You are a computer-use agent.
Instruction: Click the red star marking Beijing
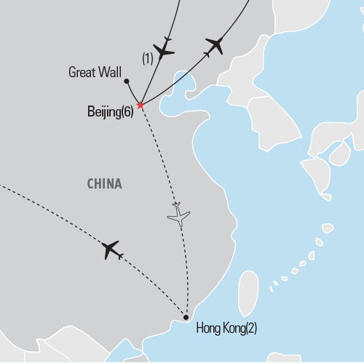(x=140, y=105)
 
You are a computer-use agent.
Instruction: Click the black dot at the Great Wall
(x=126, y=82)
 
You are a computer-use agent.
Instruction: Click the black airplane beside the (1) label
(x=166, y=49)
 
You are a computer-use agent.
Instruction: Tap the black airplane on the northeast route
(x=213, y=45)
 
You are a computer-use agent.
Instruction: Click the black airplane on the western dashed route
(x=111, y=250)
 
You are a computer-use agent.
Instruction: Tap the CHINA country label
(x=104, y=184)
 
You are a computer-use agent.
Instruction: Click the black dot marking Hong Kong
(x=186, y=316)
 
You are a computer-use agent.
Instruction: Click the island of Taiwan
(x=248, y=287)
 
